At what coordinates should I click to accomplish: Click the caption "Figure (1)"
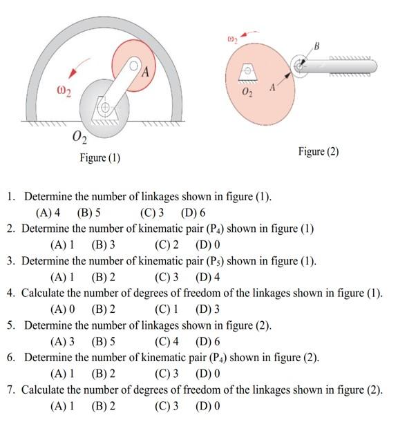click(99, 158)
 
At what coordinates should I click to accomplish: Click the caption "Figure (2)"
click(318, 151)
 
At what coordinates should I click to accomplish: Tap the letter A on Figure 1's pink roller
click(145, 71)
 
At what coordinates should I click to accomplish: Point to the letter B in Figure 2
click(316, 46)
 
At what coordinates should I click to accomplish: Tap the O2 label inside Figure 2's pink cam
click(247, 90)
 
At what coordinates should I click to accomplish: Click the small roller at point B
click(299, 66)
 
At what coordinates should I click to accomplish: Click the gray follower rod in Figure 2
click(342, 66)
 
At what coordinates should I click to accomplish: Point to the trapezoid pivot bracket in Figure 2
click(247, 72)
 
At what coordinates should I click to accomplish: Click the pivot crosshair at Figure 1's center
click(105, 108)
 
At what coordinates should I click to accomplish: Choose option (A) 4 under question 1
click(48, 213)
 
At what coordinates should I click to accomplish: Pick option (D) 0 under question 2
click(207, 244)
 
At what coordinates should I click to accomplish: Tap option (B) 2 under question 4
click(103, 309)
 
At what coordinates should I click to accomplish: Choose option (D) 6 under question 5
click(207, 341)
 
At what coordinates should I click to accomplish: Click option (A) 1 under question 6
click(63, 374)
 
